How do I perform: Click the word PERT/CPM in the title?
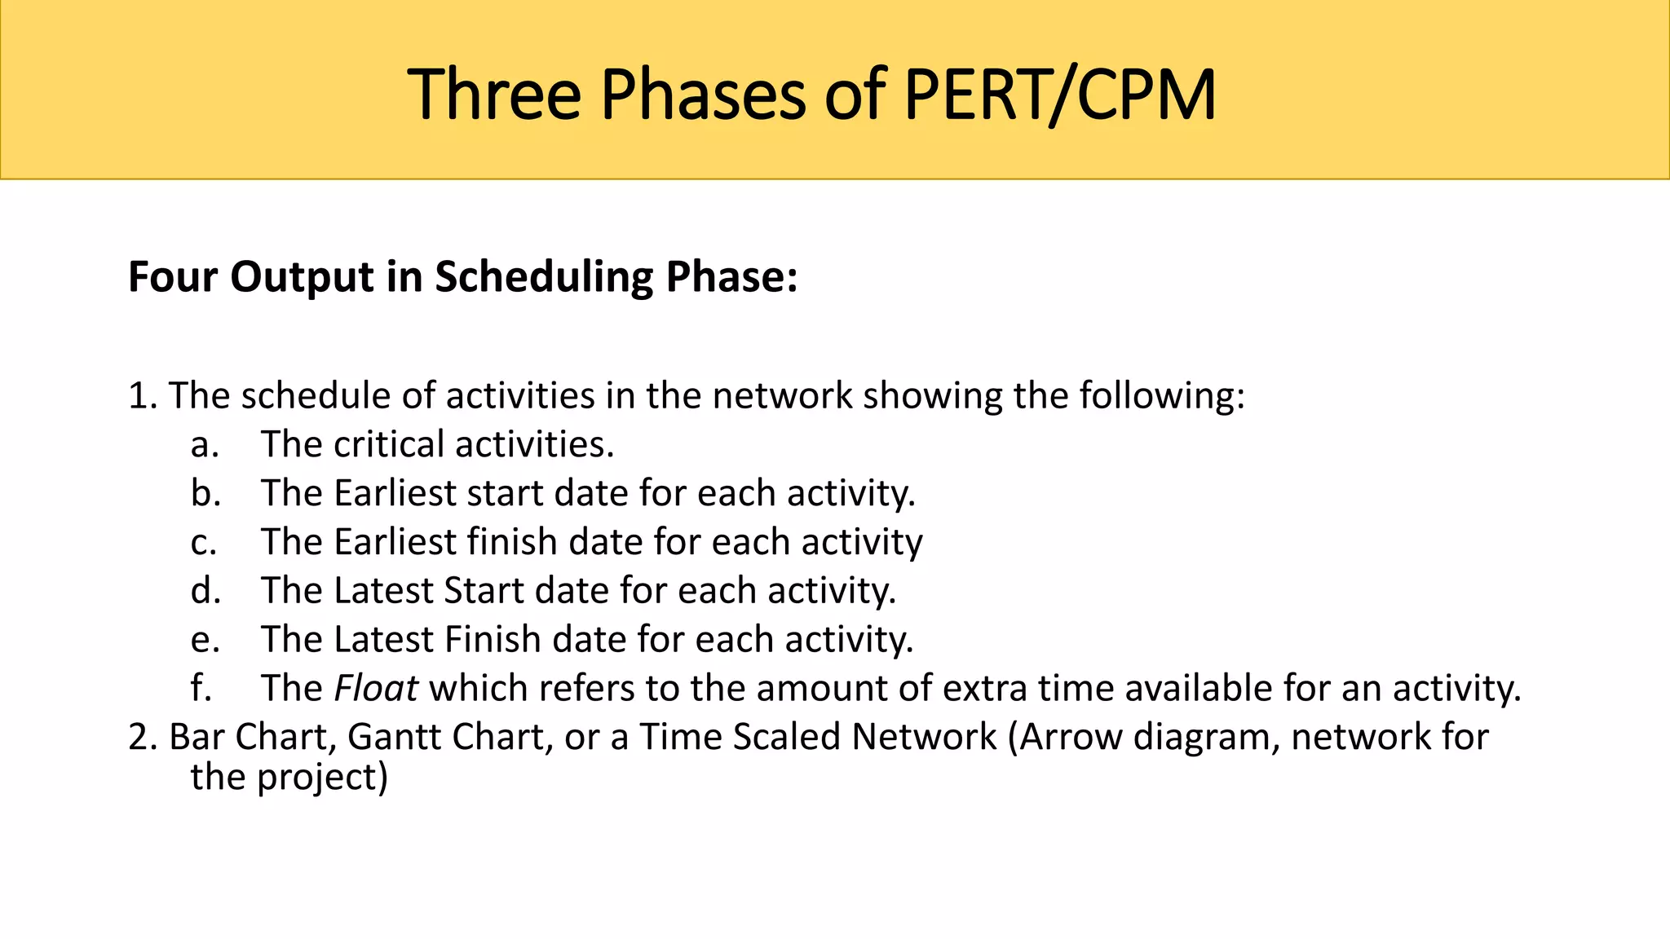click(x=1060, y=95)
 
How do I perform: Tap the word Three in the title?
click(x=494, y=95)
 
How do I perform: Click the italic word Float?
click(x=377, y=688)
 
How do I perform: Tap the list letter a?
click(x=205, y=445)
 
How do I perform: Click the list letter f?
click(x=201, y=688)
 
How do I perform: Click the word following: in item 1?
click(x=1162, y=396)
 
